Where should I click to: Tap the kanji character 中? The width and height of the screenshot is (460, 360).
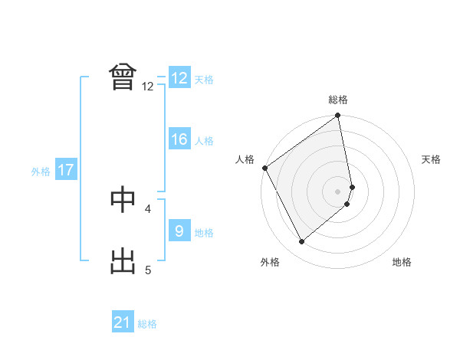123,198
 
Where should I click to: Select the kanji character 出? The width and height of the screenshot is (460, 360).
123,260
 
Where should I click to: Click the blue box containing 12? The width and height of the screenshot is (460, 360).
179,78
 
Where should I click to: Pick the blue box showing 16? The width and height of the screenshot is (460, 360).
179,139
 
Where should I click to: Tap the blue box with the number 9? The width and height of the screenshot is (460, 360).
179,231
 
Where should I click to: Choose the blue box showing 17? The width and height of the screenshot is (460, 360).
66,170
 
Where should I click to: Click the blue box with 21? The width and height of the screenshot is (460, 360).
123,322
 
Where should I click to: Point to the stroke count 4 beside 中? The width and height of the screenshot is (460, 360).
148,208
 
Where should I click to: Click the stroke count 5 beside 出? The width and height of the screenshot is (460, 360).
148,270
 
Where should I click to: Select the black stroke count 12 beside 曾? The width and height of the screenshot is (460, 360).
148,87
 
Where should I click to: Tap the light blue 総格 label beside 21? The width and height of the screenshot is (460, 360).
147,324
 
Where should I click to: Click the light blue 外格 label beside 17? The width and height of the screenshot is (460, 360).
41,172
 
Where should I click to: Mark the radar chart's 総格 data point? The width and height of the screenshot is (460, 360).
338,116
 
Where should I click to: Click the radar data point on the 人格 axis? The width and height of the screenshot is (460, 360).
264,168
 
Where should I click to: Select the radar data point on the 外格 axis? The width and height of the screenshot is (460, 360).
302,242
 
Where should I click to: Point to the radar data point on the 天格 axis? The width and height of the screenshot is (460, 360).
352,187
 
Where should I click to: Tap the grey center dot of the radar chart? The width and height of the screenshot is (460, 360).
338,191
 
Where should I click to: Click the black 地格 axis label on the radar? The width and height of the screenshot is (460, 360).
402,262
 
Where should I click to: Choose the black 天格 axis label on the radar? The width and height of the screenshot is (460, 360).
431,159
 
